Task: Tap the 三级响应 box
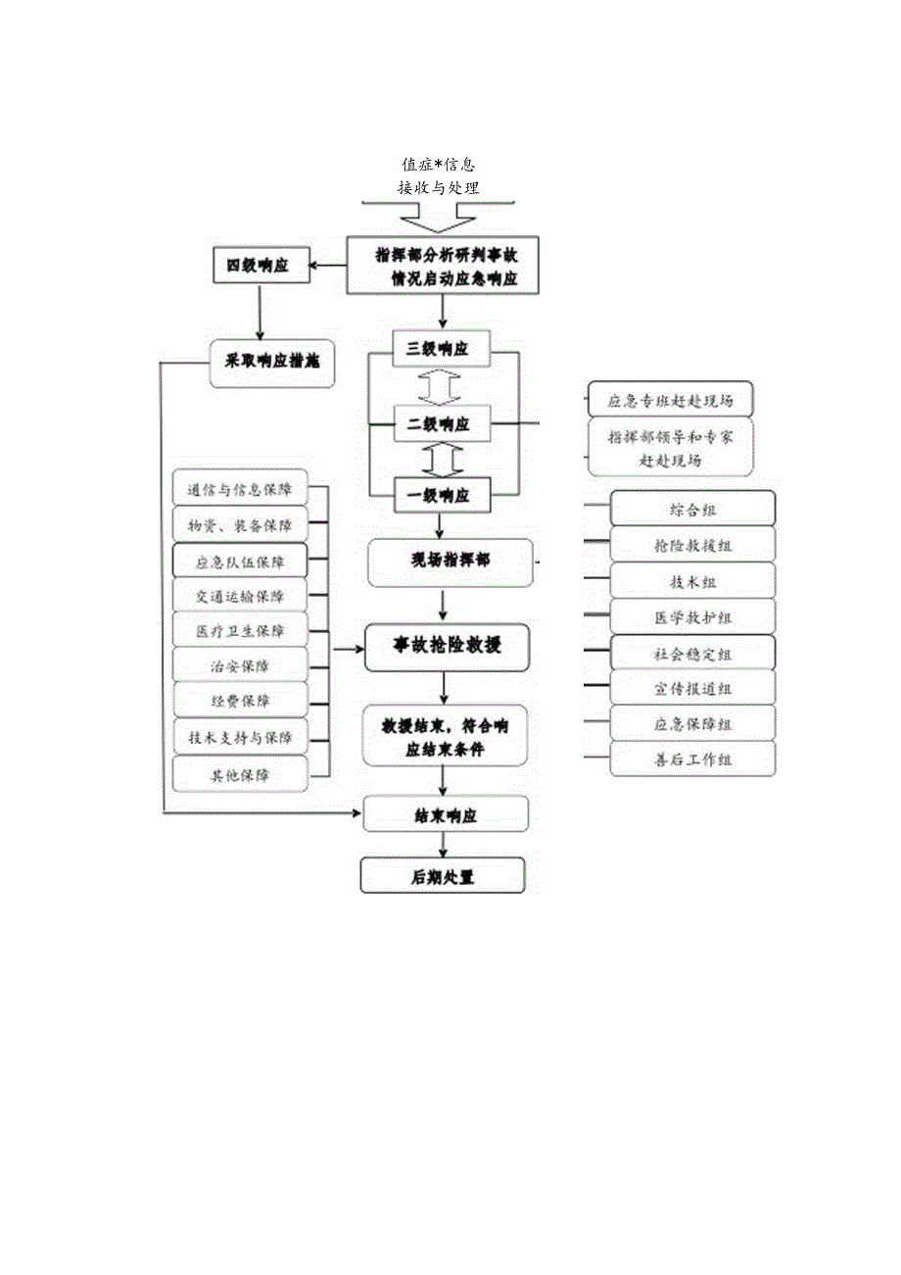[x=441, y=348]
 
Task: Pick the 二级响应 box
[x=441, y=424]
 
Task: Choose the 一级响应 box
[x=441, y=495]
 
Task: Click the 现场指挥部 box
[x=450, y=563]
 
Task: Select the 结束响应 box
[x=446, y=814]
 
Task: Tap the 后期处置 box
[x=443, y=876]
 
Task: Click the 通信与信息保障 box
[x=240, y=488]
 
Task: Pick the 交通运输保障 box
[x=240, y=595]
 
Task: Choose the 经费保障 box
[x=240, y=701]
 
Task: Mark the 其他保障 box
[x=240, y=774]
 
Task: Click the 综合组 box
[x=692, y=509]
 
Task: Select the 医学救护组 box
[x=692, y=616]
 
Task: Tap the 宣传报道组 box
[x=692, y=688]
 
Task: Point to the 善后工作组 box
[x=692, y=760]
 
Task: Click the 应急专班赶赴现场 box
[x=671, y=400]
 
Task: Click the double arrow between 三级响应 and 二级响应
[x=440, y=386]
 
